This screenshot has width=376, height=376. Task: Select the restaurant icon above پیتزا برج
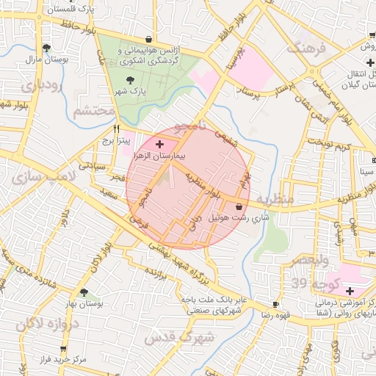(116, 128)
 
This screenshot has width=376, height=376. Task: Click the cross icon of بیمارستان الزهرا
(159, 145)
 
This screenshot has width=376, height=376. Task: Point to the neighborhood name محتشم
(94, 111)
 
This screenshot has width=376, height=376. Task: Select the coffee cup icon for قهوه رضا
(275, 304)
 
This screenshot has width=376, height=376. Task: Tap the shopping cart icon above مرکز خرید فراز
(63, 349)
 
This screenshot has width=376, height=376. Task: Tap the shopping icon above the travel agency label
(149, 40)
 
